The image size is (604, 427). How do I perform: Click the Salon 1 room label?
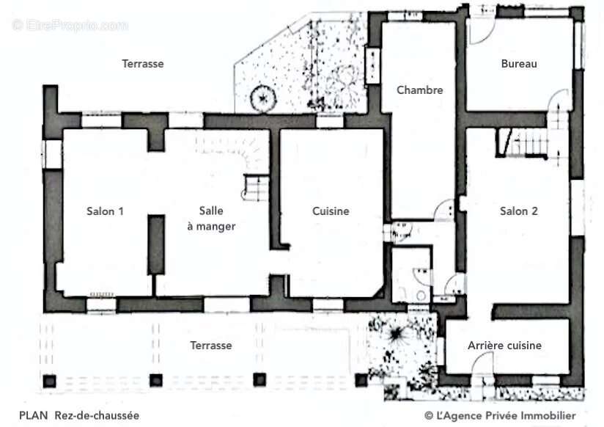105,211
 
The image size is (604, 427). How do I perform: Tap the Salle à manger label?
211,219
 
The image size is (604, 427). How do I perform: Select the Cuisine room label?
331,211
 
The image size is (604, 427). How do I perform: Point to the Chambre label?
419,90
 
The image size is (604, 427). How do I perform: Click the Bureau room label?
519,64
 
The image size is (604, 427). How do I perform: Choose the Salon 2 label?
518,211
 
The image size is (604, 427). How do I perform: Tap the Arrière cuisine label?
504,346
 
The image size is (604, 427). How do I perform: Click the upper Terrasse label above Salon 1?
142,64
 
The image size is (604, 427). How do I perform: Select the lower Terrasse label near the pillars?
210,346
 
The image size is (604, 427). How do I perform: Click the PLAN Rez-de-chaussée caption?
79,415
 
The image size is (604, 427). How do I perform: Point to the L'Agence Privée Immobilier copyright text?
500,415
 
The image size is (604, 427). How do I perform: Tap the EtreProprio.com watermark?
70,26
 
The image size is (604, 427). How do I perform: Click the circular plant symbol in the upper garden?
263,98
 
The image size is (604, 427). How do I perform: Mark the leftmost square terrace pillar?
49,381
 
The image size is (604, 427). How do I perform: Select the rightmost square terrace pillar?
361,380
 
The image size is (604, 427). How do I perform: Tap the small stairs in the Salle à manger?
255,188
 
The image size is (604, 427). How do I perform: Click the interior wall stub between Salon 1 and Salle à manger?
156,245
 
